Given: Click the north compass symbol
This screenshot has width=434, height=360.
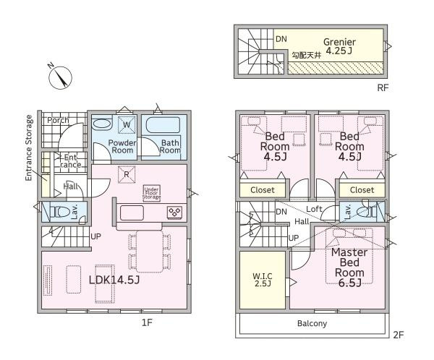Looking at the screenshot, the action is pyautogui.click(x=60, y=77).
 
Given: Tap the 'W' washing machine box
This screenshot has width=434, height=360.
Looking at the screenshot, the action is pyautogui.click(x=127, y=124).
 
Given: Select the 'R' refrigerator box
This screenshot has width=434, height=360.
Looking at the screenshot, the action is pyautogui.click(x=127, y=174).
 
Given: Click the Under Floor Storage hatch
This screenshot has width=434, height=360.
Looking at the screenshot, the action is pyautogui.click(x=151, y=193).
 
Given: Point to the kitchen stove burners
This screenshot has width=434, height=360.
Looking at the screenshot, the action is pyautogui.click(x=174, y=213).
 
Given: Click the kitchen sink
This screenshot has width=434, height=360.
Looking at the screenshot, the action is pyautogui.click(x=132, y=213).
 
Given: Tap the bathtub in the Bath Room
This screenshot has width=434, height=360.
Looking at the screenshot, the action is pyautogui.click(x=163, y=125).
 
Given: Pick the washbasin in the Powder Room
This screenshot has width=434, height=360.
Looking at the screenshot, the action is pyautogui.click(x=101, y=124).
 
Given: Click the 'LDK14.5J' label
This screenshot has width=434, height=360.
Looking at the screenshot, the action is pyautogui.click(x=114, y=280).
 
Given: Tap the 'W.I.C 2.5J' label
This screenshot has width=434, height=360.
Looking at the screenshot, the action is pyautogui.click(x=263, y=280).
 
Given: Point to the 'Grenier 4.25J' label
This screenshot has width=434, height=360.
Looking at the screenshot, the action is pyautogui.click(x=339, y=46).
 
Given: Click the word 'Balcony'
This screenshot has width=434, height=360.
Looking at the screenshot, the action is pyautogui.click(x=312, y=323).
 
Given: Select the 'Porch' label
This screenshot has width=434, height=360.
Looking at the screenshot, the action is pyautogui.click(x=58, y=120).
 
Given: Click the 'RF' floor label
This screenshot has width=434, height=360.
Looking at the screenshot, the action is pyautogui.click(x=383, y=88).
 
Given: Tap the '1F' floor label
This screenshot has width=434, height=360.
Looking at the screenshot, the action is pyautogui.click(x=147, y=322).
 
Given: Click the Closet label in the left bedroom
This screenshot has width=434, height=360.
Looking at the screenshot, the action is pyautogui.click(x=263, y=190).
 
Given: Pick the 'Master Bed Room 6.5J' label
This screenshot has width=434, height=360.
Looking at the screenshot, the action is pyautogui.click(x=349, y=267).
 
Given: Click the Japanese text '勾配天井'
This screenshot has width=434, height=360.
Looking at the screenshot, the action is pyautogui.click(x=307, y=56).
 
